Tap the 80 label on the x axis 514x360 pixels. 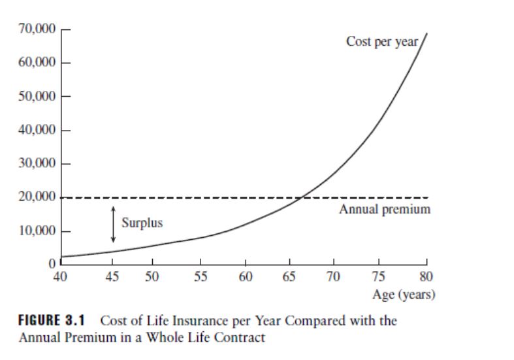(x=428, y=277)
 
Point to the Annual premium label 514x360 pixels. (x=385, y=210)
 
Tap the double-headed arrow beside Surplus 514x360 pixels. (x=113, y=224)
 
